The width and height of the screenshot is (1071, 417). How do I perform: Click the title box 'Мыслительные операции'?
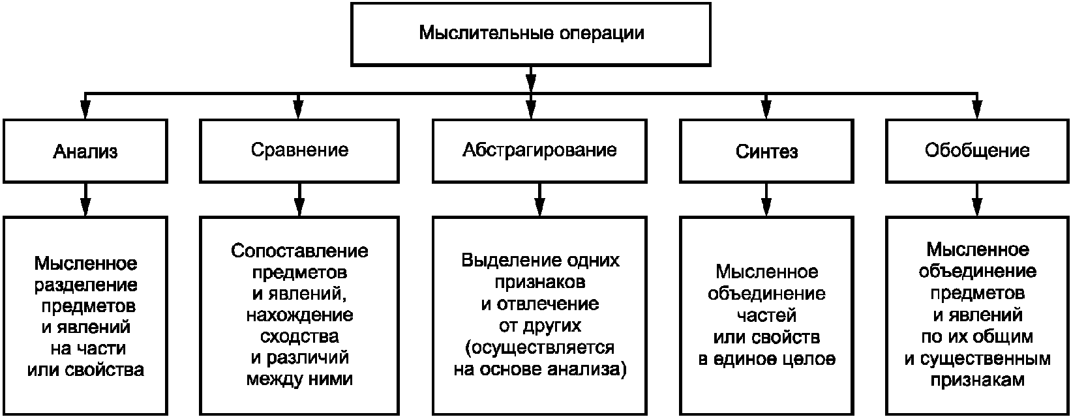click(x=531, y=34)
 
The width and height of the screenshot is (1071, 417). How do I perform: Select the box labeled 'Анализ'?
click(x=85, y=151)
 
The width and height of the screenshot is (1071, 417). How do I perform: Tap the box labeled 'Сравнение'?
click(x=299, y=151)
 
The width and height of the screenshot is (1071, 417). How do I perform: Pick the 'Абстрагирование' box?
click(x=539, y=151)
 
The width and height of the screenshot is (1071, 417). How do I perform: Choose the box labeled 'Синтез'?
click(x=766, y=151)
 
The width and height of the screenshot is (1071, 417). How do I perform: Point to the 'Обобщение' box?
click(x=977, y=151)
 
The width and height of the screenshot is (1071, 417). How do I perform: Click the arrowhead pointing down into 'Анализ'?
click(x=85, y=110)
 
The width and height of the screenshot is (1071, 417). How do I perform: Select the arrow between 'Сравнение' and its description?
click(x=299, y=199)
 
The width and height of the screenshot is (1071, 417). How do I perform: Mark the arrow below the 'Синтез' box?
click(x=766, y=199)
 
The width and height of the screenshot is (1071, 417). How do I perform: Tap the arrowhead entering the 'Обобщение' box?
click(x=977, y=110)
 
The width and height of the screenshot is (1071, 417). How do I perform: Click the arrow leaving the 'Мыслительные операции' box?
click(x=531, y=79)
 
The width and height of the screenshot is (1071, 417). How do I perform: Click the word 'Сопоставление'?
click(x=299, y=251)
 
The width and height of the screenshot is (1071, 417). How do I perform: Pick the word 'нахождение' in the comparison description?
click(x=299, y=315)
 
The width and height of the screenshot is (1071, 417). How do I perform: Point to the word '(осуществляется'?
click(x=539, y=348)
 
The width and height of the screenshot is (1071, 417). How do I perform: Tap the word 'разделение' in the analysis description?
click(x=85, y=285)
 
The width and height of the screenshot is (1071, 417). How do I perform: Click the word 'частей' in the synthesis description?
click(x=766, y=315)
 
